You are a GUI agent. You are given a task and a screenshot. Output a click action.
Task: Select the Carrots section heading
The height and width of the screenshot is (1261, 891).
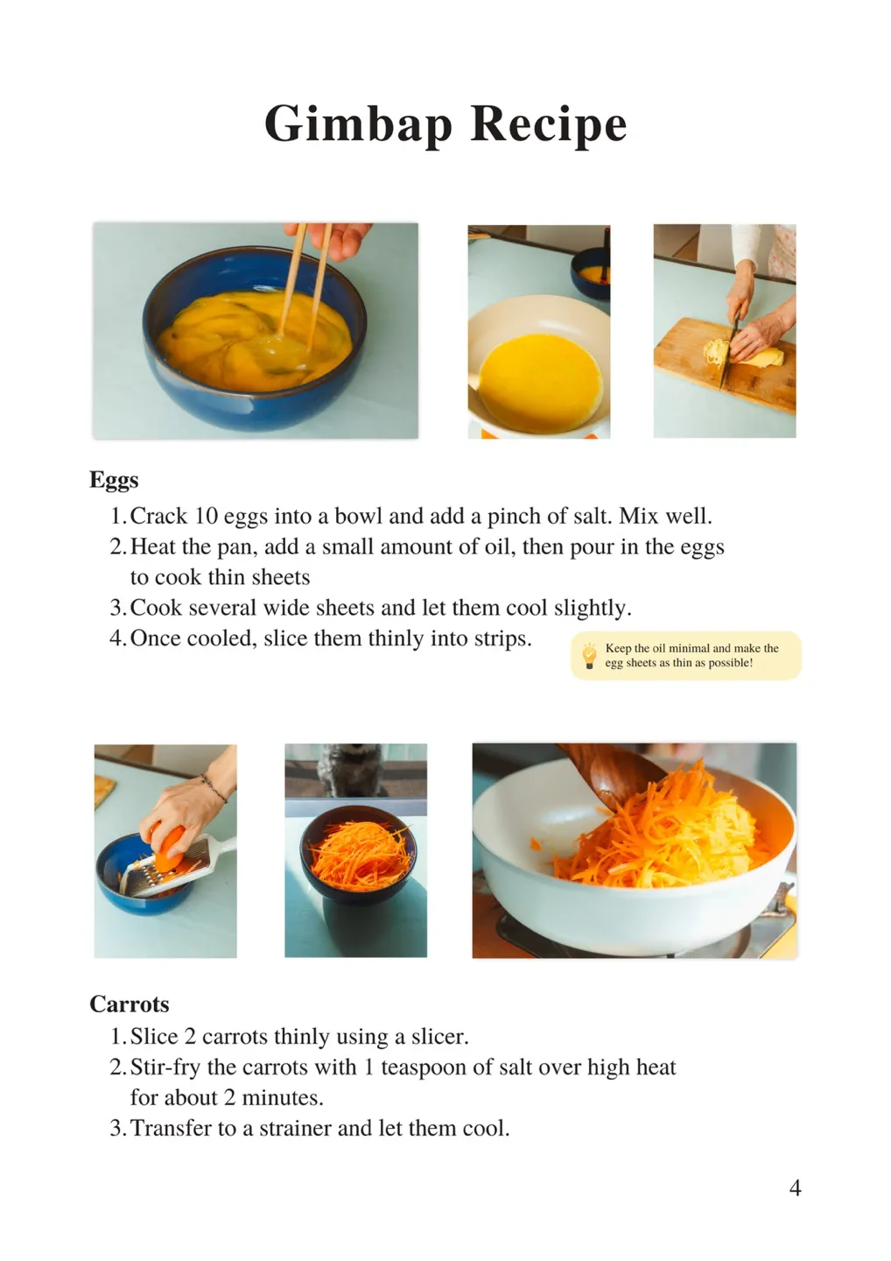[x=130, y=1004]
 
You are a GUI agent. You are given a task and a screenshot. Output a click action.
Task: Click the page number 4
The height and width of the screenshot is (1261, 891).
[x=795, y=1187]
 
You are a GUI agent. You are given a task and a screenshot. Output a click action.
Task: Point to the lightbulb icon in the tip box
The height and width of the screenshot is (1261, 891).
[x=589, y=656]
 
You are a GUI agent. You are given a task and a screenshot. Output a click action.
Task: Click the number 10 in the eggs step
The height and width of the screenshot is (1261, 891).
[x=206, y=517]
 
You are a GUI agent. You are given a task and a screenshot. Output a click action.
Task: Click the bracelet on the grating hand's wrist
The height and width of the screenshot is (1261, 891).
[x=214, y=788]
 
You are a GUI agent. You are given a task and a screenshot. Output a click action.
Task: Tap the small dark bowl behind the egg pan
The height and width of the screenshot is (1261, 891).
[x=590, y=272]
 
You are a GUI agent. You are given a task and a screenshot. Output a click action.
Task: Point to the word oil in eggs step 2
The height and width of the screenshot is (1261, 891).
[x=497, y=547]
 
